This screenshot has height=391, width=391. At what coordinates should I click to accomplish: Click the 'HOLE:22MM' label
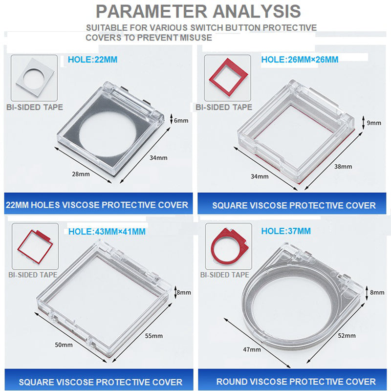pyautogui.click(x=92, y=60)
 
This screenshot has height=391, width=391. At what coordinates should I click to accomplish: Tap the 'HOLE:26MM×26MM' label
pyautogui.click(x=300, y=60)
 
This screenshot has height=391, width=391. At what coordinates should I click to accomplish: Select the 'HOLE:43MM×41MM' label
pyautogui.click(x=107, y=232)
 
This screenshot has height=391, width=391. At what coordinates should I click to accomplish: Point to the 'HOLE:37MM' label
pyautogui.click(x=286, y=231)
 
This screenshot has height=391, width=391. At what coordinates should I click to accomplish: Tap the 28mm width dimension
pyautogui.click(x=81, y=174)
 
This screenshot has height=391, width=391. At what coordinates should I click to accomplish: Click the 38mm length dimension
pyautogui.click(x=343, y=167)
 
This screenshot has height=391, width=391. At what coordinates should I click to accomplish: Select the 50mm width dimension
pyautogui.click(x=64, y=345)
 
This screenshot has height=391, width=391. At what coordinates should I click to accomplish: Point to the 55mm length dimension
pyautogui.click(x=154, y=336)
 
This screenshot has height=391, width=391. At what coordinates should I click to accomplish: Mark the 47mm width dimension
pyautogui.click(x=252, y=349)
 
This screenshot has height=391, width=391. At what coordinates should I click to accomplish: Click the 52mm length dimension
pyautogui.click(x=347, y=336)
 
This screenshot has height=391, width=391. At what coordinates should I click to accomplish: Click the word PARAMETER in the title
pyautogui.click(x=152, y=11)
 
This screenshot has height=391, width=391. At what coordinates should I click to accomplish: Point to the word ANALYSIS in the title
pyautogui.click(x=257, y=11)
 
